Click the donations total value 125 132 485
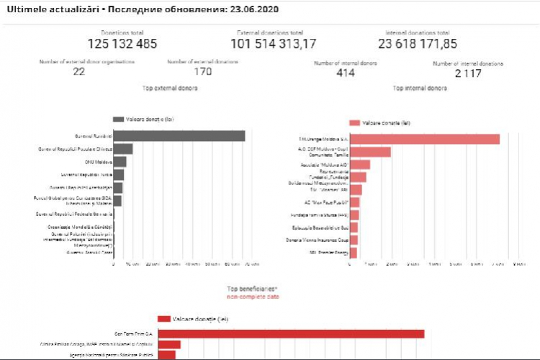[x=122, y=45]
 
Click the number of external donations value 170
[x=203, y=71]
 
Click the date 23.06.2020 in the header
[x=249, y=11]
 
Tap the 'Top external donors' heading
[x=171, y=89]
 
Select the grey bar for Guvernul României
[x=179, y=136]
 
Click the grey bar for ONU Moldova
[x=120, y=162]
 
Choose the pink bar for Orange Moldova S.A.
[x=424, y=139]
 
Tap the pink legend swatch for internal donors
[x=354, y=123]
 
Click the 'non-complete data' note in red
[x=253, y=296]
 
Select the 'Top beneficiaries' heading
[x=253, y=288]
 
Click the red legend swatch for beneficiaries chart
[x=164, y=319]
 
